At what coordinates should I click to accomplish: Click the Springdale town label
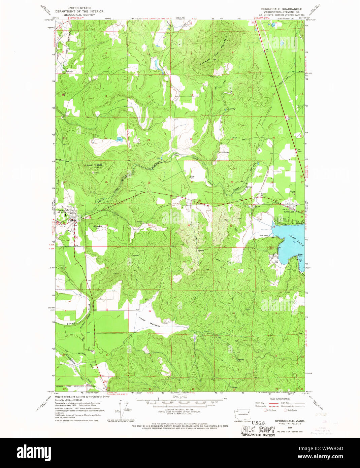[63, 210]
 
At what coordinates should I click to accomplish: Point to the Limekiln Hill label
[93, 165]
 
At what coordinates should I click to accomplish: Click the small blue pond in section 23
[119, 139]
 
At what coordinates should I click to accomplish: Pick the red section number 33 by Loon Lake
[273, 227]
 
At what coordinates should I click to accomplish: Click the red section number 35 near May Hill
[106, 225]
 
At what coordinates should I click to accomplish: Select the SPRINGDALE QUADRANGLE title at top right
[282, 9]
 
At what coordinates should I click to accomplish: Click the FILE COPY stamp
[258, 429]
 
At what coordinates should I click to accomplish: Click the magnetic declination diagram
[122, 408]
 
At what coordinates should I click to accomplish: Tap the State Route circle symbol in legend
[285, 410]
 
